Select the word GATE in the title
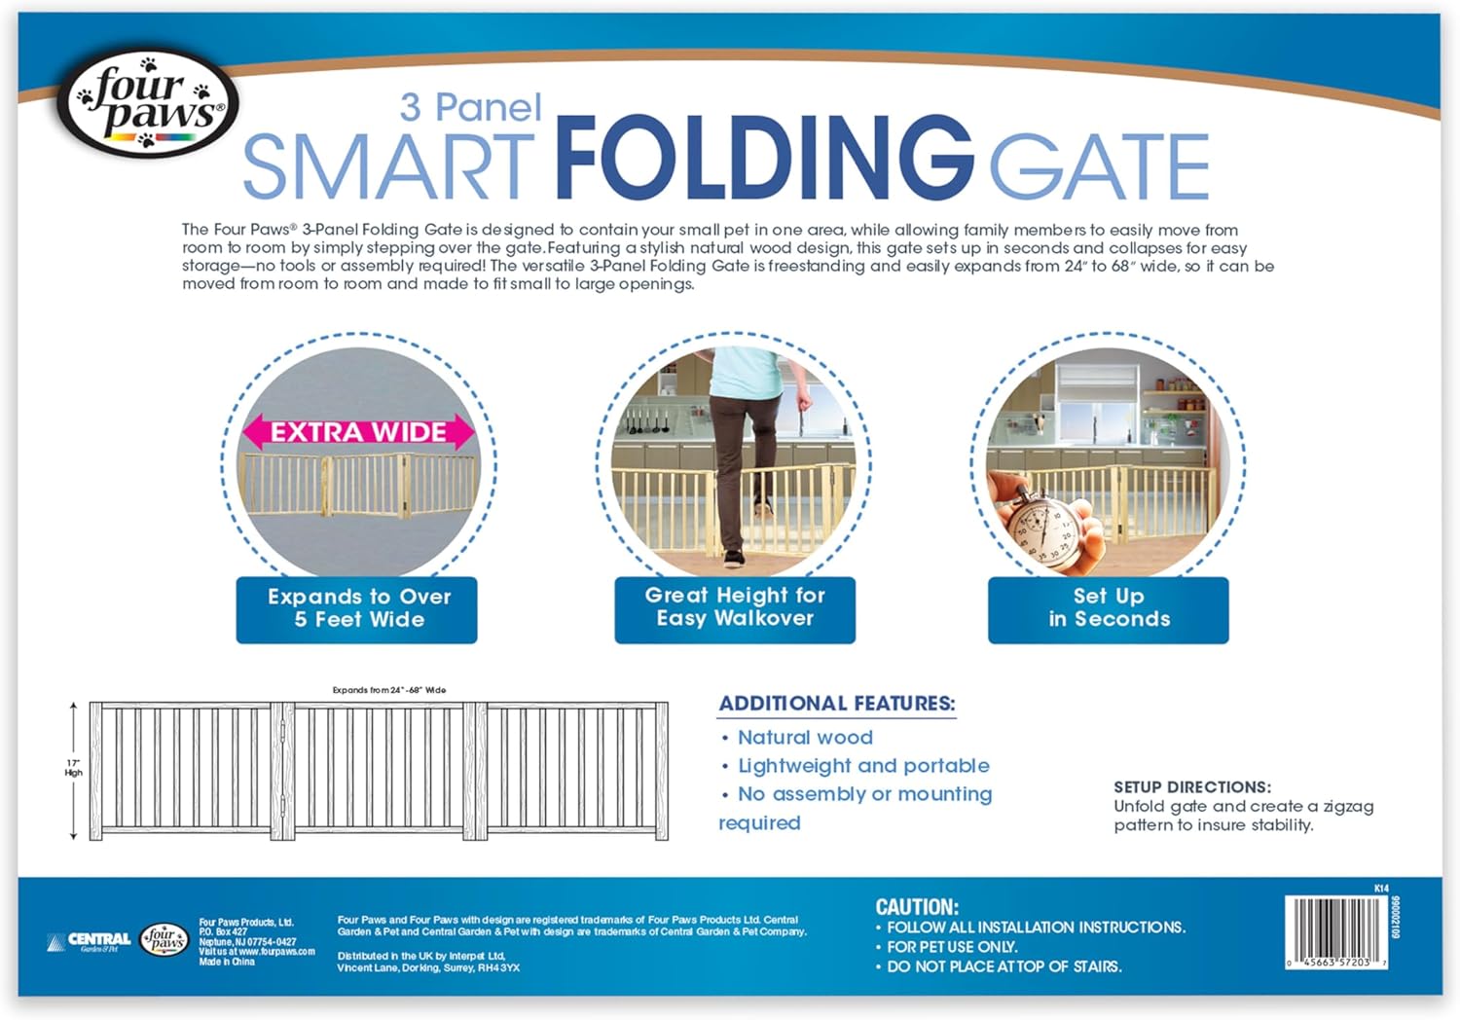pyautogui.click(x=1098, y=167)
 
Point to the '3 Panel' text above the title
pyautogui.click(x=471, y=108)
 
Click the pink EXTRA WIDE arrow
pyautogui.click(x=358, y=432)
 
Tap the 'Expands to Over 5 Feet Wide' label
pyautogui.click(x=357, y=609)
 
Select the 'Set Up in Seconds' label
pyautogui.click(x=1109, y=608)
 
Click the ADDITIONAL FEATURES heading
pyautogui.click(x=837, y=704)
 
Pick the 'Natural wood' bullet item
pyautogui.click(x=805, y=738)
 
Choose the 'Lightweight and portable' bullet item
pyautogui.click(x=863, y=766)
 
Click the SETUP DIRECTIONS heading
pyautogui.click(x=1192, y=787)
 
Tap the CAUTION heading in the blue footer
pyautogui.click(x=917, y=907)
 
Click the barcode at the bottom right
pyautogui.click(x=1335, y=932)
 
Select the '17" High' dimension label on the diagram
pyautogui.click(x=74, y=768)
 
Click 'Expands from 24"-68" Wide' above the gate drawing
pyautogui.click(x=389, y=690)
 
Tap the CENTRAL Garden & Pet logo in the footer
pyautogui.click(x=90, y=941)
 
